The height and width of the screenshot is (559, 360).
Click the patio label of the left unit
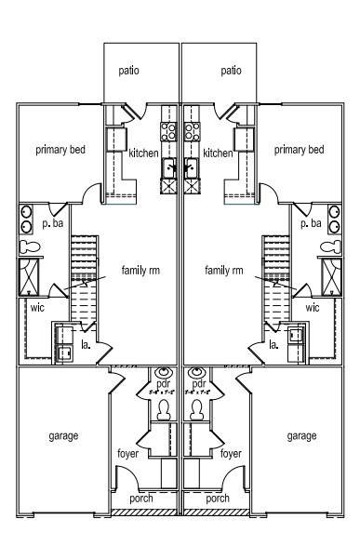point(128,70)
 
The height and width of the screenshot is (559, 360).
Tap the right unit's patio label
point(232,70)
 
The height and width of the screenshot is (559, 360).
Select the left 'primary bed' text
point(61,149)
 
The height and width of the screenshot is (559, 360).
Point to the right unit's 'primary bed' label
point(300,149)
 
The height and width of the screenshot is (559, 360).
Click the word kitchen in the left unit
point(144,153)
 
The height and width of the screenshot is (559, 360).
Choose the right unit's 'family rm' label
point(223,271)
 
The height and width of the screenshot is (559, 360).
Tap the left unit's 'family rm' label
point(140,271)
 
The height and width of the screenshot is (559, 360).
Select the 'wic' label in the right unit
point(313,307)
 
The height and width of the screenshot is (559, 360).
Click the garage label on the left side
point(63,435)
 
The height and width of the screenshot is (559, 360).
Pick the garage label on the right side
point(301,435)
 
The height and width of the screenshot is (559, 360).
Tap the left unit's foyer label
point(127,454)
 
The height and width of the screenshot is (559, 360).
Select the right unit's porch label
point(218,499)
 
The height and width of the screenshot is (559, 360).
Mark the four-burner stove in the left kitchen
point(168,131)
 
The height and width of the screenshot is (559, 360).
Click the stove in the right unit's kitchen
point(193,131)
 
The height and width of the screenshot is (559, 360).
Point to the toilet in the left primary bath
point(29,246)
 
